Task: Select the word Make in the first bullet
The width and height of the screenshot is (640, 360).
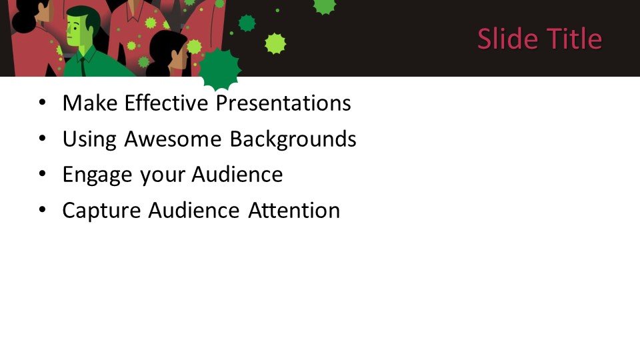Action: (x=90, y=103)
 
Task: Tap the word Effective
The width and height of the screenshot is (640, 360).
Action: (x=167, y=103)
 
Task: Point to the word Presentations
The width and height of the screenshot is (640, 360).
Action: (x=283, y=103)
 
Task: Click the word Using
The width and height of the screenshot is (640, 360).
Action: (x=90, y=139)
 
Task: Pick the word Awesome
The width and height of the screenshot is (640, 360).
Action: (x=173, y=139)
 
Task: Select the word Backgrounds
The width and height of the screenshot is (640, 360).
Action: (x=293, y=139)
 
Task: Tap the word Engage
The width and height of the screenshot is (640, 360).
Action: (x=97, y=175)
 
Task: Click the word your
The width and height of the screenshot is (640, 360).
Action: (x=162, y=176)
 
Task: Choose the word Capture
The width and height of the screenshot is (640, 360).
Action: (x=101, y=211)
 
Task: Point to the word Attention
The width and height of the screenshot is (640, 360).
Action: (x=294, y=211)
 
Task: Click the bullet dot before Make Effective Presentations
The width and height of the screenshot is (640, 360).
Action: (x=43, y=103)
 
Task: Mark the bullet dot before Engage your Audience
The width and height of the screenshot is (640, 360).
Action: (x=43, y=175)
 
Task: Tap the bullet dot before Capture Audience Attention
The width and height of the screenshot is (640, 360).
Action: (x=43, y=211)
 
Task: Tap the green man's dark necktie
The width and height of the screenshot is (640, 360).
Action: (x=84, y=67)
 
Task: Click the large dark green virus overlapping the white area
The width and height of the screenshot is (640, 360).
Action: (x=219, y=70)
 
